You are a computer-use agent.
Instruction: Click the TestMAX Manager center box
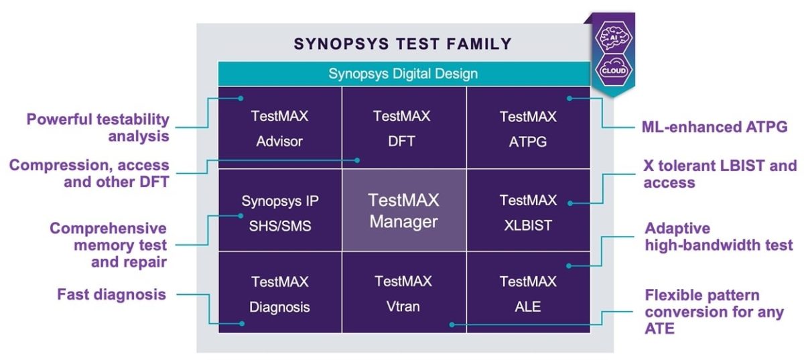[404, 210]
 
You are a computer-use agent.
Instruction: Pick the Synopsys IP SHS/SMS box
[280, 212]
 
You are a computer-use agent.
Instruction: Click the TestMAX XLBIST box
[528, 212]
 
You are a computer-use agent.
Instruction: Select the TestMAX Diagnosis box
[280, 294]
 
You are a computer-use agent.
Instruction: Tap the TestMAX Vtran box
[404, 294]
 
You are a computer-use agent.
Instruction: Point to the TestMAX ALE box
[528, 294]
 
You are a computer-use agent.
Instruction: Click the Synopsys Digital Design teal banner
[403, 74]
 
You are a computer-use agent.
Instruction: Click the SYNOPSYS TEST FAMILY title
[403, 44]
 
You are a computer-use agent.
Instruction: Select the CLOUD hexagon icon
[612, 70]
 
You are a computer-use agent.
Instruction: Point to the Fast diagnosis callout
[111, 294]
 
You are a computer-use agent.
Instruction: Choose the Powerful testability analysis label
[98, 127]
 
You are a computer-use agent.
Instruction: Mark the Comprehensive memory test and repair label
[109, 245]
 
